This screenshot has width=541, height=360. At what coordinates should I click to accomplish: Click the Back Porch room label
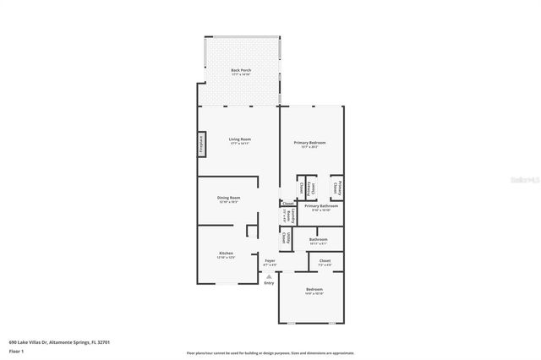click(241, 70)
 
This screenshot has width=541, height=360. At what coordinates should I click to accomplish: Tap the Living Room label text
click(240, 139)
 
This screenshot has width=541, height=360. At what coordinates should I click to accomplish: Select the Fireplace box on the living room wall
click(201, 145)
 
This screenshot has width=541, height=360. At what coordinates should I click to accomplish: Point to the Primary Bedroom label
click(309, 143)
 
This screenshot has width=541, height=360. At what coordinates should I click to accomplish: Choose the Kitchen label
click(227, 253)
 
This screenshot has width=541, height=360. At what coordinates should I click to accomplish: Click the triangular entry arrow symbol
click(269, 275)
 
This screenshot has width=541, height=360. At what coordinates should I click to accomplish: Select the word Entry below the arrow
click(269, 283)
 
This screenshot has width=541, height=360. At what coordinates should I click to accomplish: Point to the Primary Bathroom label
click(321, 205)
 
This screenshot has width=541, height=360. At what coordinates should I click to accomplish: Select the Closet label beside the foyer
click(325, 261)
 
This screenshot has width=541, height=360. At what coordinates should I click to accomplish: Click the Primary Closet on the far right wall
click(337, 187)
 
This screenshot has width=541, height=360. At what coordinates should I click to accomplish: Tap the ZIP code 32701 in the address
click(103, 342)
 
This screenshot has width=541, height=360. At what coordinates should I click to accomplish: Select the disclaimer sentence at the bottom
click(270, 352)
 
